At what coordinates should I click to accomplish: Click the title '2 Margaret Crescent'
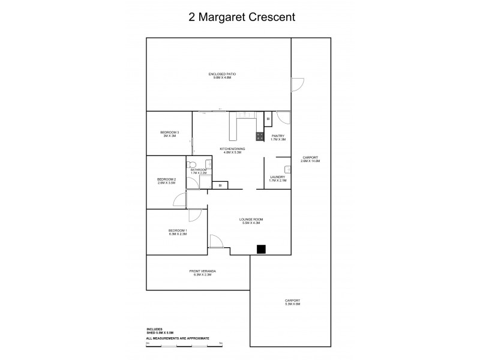pyautogui.click(x=239, y=17)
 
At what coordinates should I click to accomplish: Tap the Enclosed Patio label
pyautogui.click(x=222, y=76)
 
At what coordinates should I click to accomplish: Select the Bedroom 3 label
pyautogui.click(x=169, y=134)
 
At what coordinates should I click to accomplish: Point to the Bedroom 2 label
pyautogui.click(x=166, y=181)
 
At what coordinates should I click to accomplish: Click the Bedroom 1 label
pyautogui.click(x=178, y=232)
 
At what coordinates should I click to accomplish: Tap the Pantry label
pyautogui.click(x=277, y=137)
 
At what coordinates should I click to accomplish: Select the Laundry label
pyautogui.click(x=277, y=178)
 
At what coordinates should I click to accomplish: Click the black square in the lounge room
pyautogui.click(x=261, y=250)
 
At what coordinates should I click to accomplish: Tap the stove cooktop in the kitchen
pyautogui.click(x=260, y=136)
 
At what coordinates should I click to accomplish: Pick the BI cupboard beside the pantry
pyautogui.click(x=268, y=119)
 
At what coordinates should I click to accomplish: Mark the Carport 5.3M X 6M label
pyautogui.click(x=292, y=302)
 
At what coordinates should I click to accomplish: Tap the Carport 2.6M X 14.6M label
pyautogui.click(x=311, y=160)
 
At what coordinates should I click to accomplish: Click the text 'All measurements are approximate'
pyautogui.click(x=178, y=339)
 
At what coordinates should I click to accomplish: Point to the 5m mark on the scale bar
pyautogui.click(x=221, y=343)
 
